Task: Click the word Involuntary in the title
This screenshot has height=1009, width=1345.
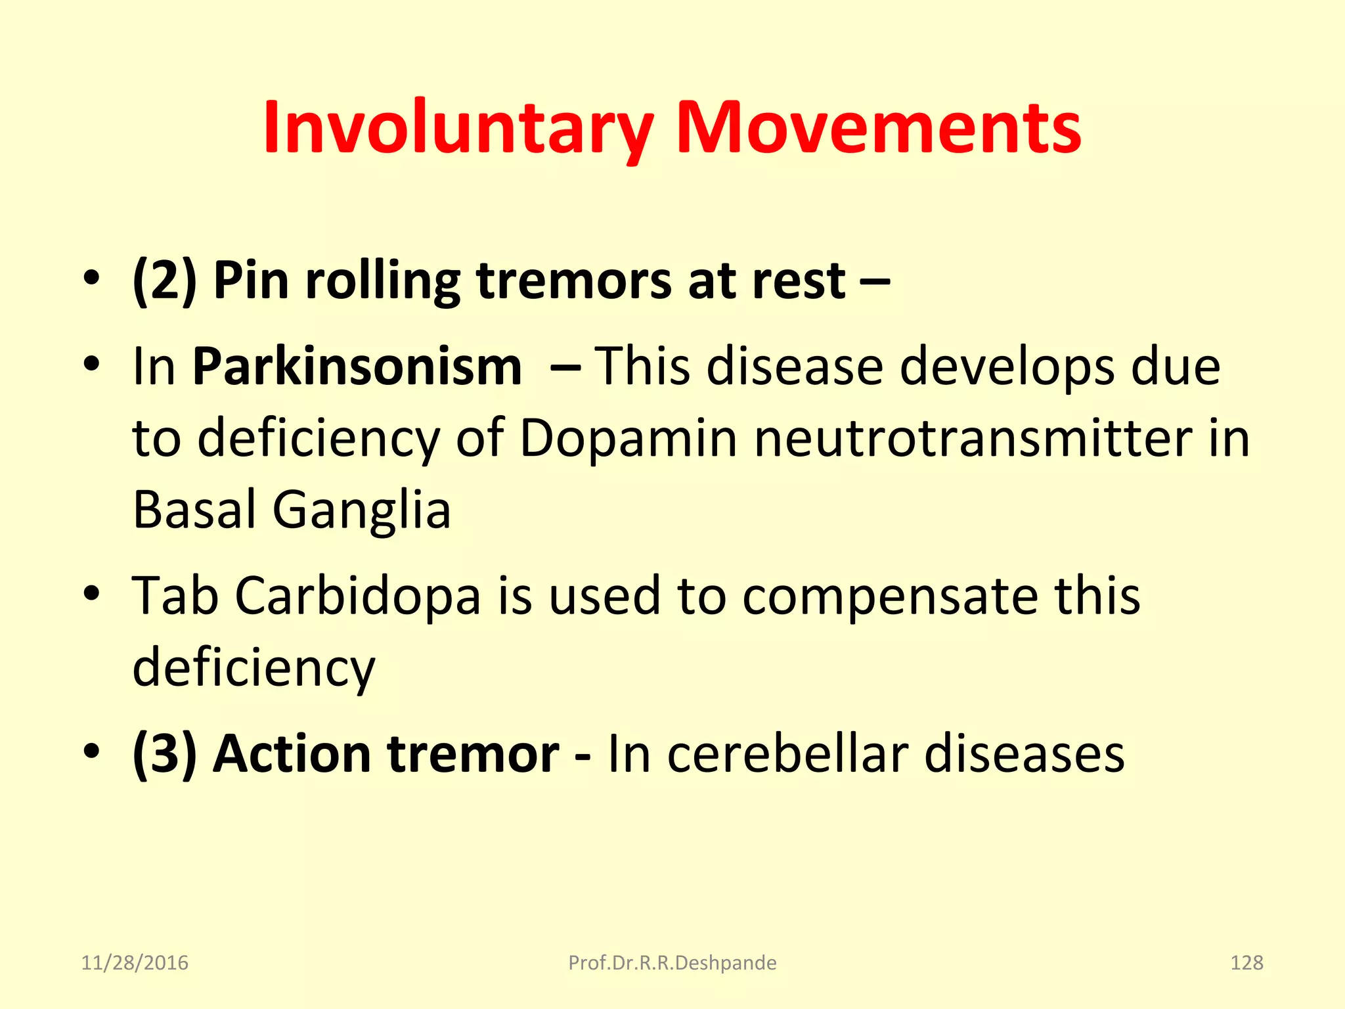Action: [x=458, y=128]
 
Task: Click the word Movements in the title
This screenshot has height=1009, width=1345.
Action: [x=878, y=128]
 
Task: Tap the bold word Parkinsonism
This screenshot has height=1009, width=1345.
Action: [x=357, y=366]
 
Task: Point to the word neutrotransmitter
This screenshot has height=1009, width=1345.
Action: [x=973, y=438]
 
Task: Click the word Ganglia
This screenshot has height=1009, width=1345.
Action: [x=361, y=510]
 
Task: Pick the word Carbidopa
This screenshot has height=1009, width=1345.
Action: [x=358, y=596]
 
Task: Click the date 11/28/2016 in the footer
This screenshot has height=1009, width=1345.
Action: [x=135, y=963]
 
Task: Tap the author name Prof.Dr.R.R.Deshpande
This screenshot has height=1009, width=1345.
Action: [x=672, y=963]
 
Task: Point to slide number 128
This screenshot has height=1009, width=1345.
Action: [x=1246, y=963]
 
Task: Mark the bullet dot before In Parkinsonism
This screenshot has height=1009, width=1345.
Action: [x=91, y=363]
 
